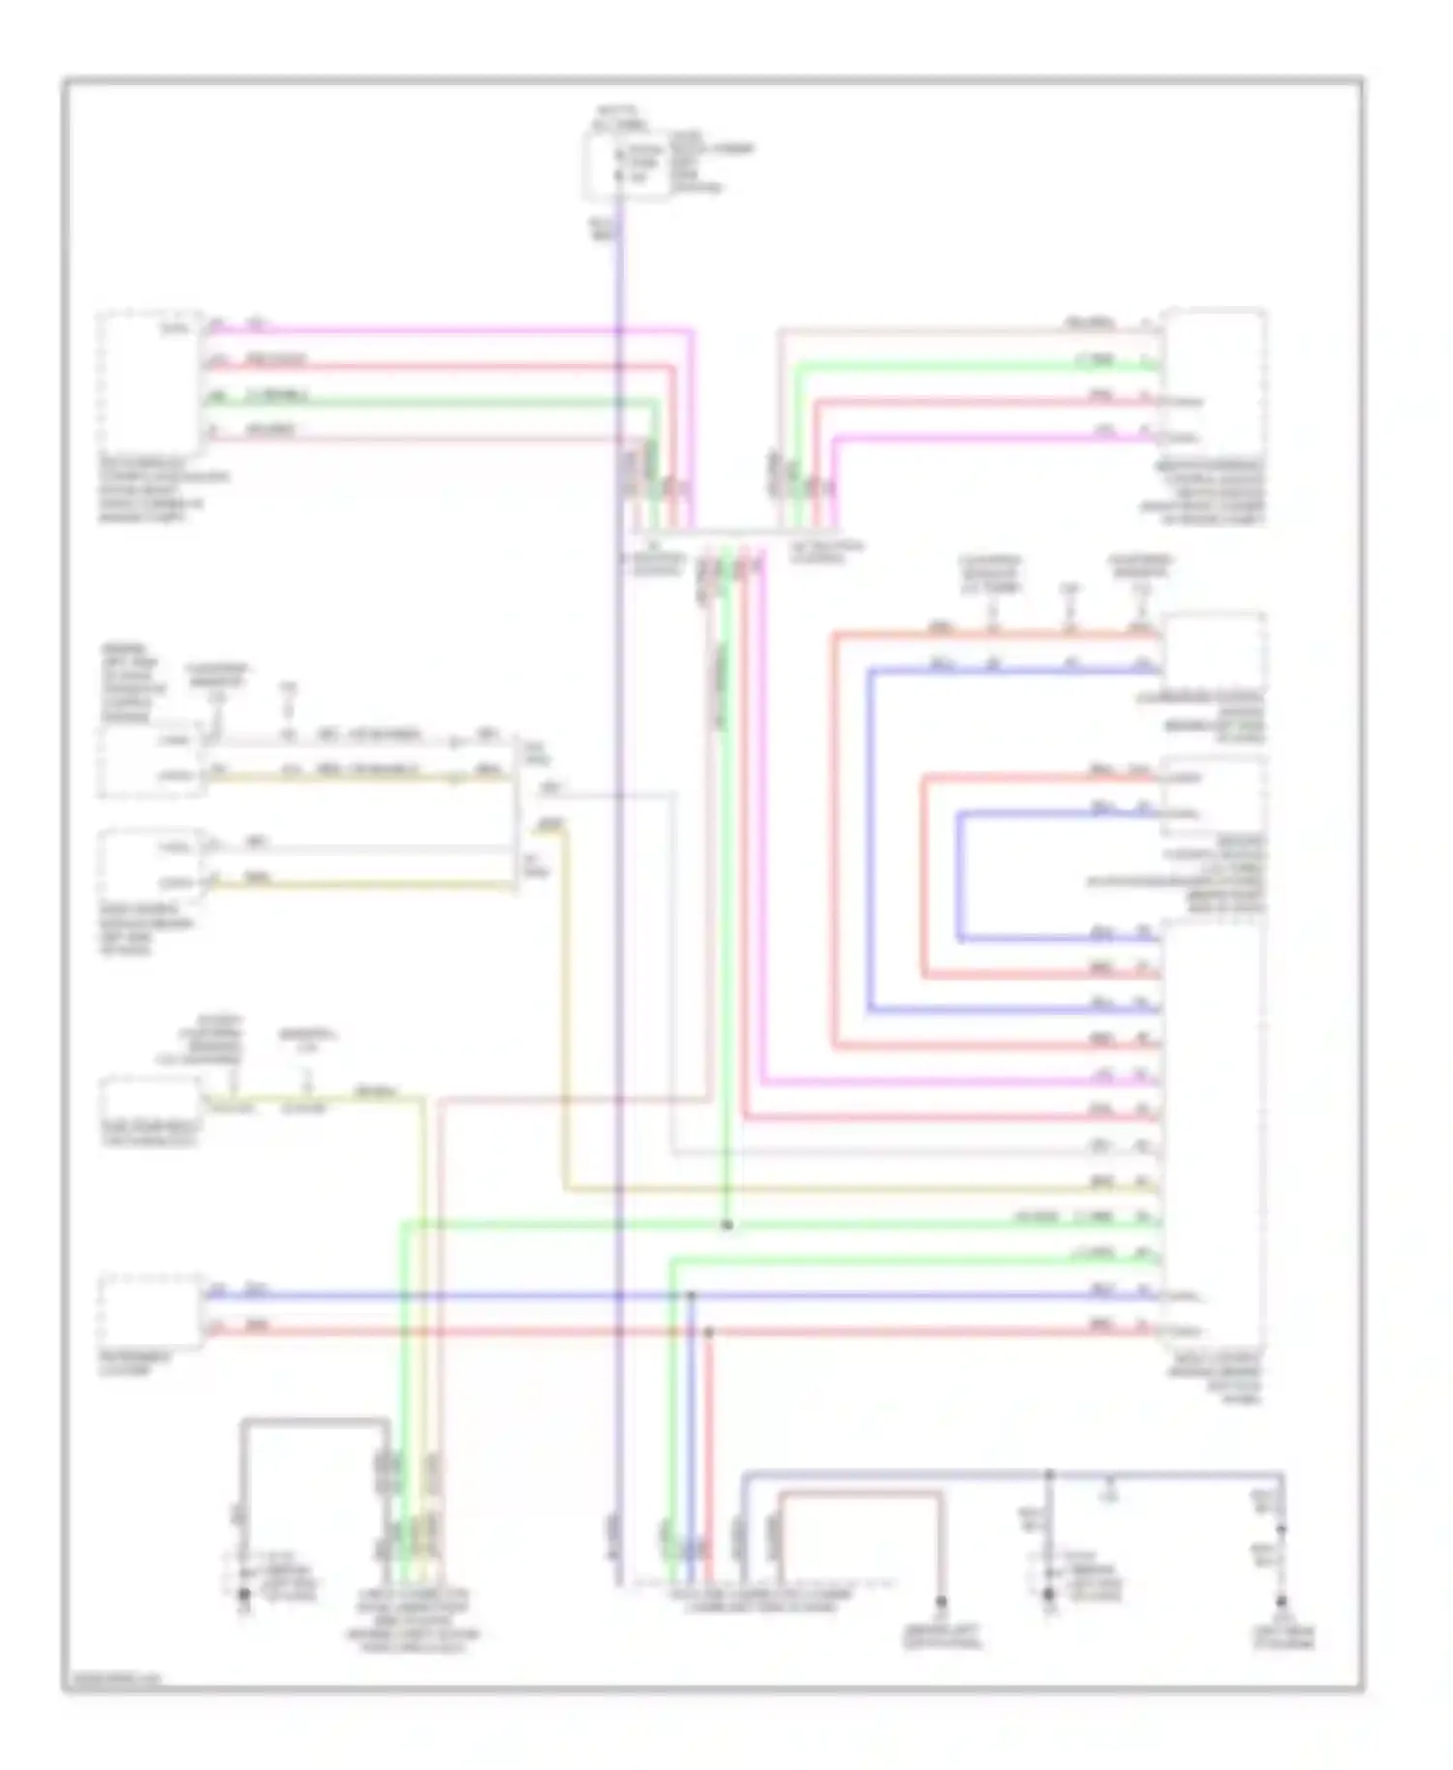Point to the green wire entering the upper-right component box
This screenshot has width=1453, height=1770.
tap(969, 366)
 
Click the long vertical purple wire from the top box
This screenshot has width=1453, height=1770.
tap(619, 871)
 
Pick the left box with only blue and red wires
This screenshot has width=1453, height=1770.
tap(150, 1311)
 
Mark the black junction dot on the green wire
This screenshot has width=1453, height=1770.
tap(726, 1225)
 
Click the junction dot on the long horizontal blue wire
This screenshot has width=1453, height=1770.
tap(691, 1295)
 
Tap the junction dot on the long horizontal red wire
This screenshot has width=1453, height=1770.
tap(708, 1332)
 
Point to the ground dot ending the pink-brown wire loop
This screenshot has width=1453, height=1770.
tap(940, 1602)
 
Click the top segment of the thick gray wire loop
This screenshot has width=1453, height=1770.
tap(315, 1421)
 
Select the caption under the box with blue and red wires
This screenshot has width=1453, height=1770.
tap(136, 1363)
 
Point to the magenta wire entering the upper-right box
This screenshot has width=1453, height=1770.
tap(988, 438)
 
